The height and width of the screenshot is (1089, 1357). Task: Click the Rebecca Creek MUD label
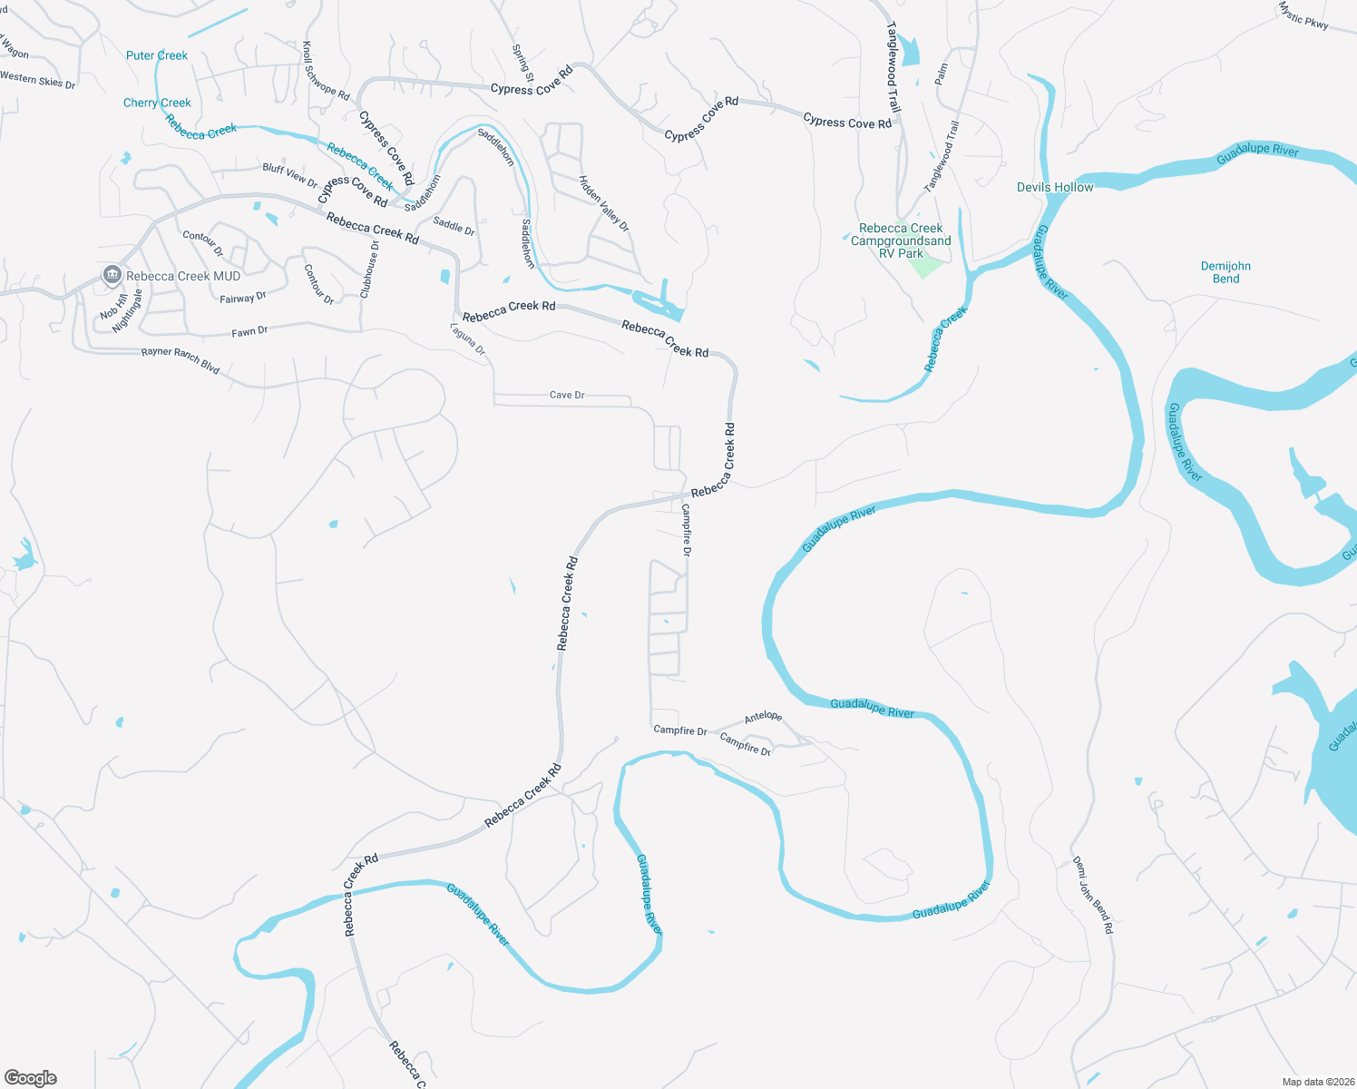(x=183, y=276)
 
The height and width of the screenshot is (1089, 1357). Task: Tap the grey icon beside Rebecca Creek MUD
(x=112, y=274)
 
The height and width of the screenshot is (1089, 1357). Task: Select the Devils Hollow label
(x=1055, y=187)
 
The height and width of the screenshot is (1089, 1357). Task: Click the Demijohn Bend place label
(x=1225, y=272)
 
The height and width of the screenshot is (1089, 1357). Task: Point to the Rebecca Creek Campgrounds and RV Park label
(x=901, y=240)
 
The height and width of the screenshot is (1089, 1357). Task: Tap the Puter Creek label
(x=157, y=55)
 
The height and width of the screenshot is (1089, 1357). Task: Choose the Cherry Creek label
(x=157, y=103)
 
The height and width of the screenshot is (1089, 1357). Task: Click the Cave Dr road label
(x=567, y=395)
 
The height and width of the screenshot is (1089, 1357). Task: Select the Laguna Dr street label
(x=468, y=339)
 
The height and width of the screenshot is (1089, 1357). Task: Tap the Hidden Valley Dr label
(x=604, y=203)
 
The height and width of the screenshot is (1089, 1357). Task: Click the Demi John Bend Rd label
(x=1092, y=895)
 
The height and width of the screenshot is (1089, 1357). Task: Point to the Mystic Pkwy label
(x=1303, y=15)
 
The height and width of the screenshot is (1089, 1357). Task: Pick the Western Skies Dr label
(x=38, y=80)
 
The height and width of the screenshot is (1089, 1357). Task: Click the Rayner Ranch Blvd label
(x=181, y=360)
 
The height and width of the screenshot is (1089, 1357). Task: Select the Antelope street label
(x=763, y=717)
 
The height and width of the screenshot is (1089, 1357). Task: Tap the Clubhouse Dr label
(x=369, y=270)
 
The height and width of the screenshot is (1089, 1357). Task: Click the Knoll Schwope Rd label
(x=325, y=71)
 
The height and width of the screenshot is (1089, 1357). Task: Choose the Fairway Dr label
(x=243, y=298)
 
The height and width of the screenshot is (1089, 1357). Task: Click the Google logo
(x=31, y=1077)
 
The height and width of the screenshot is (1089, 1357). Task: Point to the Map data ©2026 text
(x=1314, y=1082)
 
